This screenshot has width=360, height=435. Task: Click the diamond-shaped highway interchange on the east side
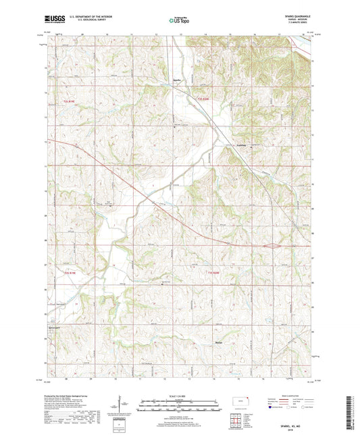[272, 246]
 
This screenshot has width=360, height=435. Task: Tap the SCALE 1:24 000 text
[179, 395]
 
